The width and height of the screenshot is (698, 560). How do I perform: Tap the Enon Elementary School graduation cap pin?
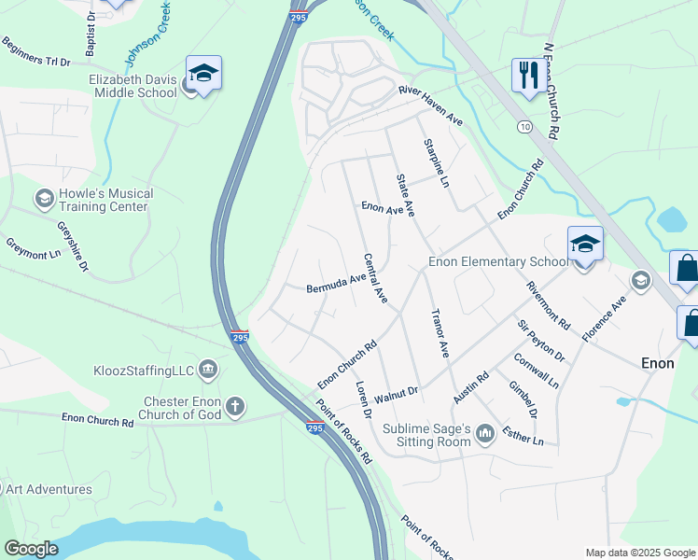[585, 245]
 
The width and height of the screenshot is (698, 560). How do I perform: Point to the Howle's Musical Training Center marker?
[44, 199]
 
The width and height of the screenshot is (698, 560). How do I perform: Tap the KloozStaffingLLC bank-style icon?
[207, 371]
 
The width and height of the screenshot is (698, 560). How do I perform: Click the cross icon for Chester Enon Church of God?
[235, 407]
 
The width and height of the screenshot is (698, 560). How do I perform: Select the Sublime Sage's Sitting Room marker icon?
[484, 433]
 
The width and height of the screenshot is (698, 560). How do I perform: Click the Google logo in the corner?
[31, 549]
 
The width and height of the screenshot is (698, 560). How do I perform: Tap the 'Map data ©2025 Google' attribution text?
[639, 553]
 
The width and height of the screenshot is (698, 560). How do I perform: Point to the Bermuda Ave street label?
[336, 284]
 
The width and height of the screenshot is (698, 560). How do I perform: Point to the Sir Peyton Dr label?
[541, 342]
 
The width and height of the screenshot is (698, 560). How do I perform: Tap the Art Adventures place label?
[49, 489]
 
